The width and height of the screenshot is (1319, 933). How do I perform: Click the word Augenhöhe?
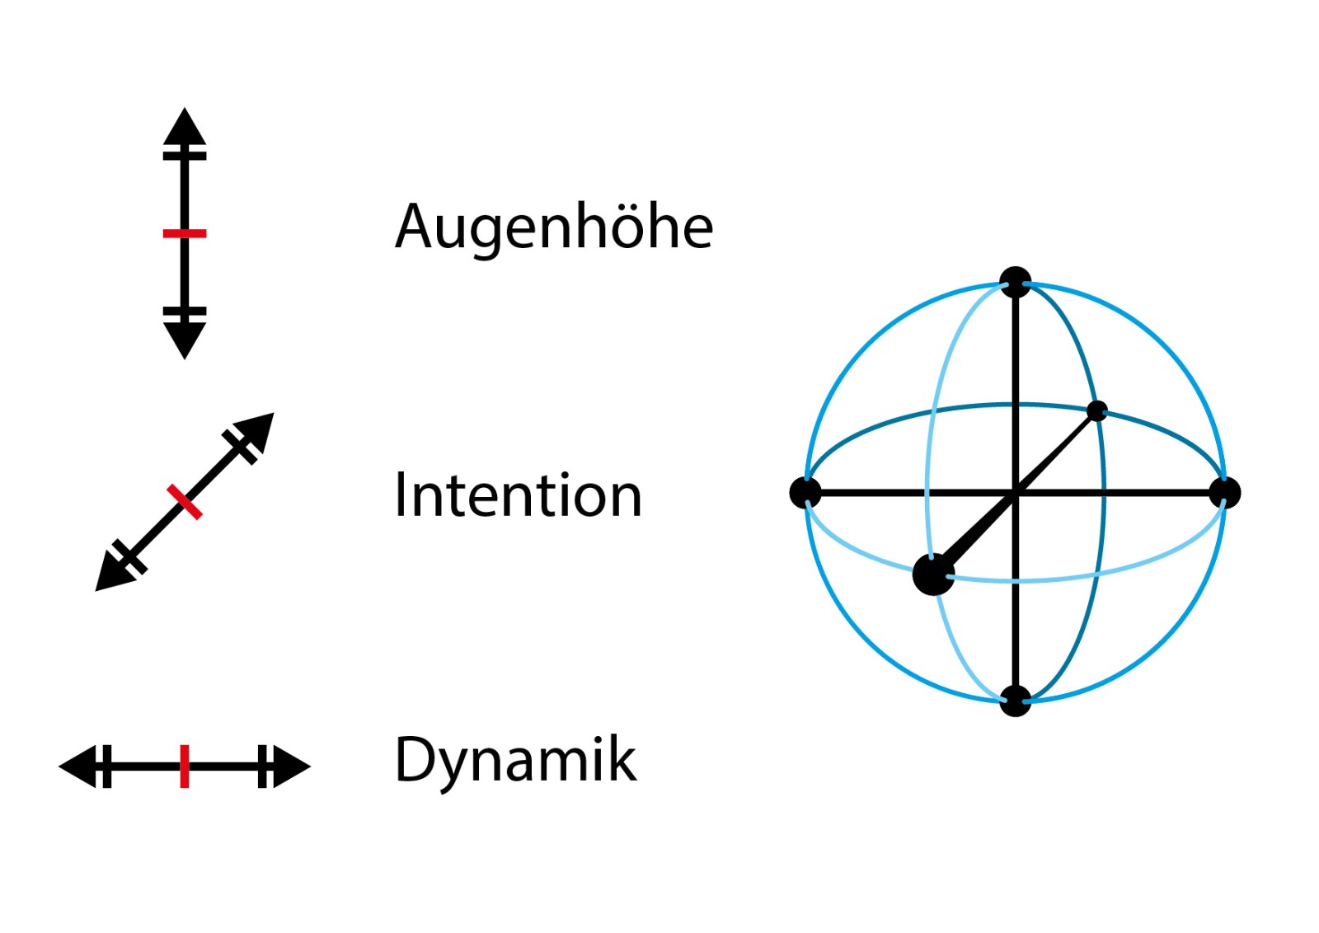pyautogui.click(x=554, y=227)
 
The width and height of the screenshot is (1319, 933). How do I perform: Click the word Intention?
pyautogui.click(x=518, y=495)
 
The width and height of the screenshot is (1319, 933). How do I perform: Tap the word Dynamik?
pyautogui.click(x=515, y=760)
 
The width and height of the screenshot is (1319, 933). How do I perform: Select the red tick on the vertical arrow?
pyautogui.click(x=185, y=234)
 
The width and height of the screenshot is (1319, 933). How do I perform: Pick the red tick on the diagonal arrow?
pyautogui.click(x=185, y=501)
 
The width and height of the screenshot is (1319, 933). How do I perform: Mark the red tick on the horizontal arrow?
pyautogui.click(x=185, y=767)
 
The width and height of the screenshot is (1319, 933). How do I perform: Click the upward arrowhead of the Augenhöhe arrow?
pyautogui.click(x=185, y=128)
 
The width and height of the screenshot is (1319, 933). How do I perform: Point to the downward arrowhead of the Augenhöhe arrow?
pyautogui.click(x=185, y=338)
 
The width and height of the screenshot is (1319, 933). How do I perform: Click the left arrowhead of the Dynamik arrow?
pyautogui.click(x=79, y=767)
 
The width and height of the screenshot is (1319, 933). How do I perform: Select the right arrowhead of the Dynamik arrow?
pyautogui.click(x=290, y=767)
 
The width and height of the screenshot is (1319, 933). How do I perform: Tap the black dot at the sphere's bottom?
pyautogui.click(x=1016, y=701)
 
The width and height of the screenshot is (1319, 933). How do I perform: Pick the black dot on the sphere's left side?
pyautogui.click(x=805, y=492)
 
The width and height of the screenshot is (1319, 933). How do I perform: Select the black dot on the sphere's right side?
pyautogui.click(x=1225, y=493)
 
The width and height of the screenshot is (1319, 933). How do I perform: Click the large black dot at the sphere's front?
pyautogui.click(x=933, y=574)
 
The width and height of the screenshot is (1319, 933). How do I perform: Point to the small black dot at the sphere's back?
pyautogui.click(x=1097, y=410)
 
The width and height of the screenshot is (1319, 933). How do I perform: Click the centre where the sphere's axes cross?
pyautogui.click(x=1016, y=493)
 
